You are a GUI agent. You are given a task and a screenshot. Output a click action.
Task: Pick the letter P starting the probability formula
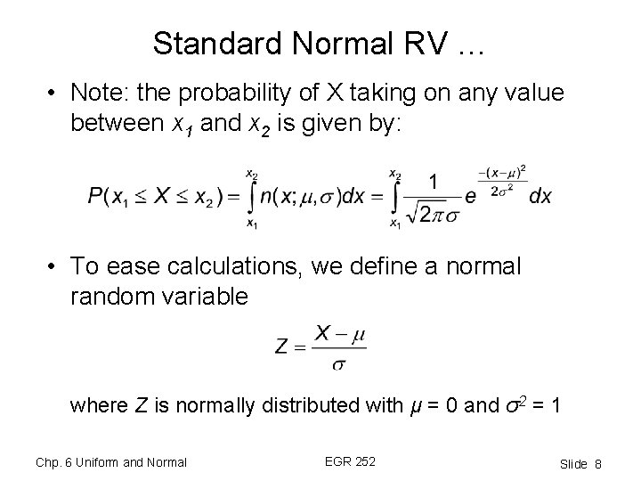pyautogui.click(x=95, y=198)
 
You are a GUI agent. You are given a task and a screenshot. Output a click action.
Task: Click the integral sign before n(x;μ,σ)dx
pyautogui.click(x=254, y=197)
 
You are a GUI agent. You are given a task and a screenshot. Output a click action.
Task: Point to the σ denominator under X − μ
pyautogui.click(x=339, y=363)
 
